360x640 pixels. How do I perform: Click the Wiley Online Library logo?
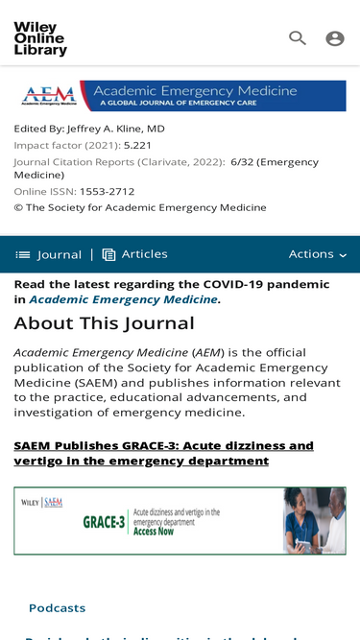(40, 38)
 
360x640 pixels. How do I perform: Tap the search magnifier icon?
(298, 38)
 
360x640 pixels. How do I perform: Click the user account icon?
(334, 38)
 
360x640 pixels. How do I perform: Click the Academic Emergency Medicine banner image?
(180, 96)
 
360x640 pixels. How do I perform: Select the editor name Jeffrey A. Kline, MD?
(115, 129)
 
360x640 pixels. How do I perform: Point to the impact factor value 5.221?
(137, 146)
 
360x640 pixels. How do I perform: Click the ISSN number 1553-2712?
(107, 192)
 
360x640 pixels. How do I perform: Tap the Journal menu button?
(49, 254)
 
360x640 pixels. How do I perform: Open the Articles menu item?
(135, 254)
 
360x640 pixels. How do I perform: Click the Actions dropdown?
(318, 254)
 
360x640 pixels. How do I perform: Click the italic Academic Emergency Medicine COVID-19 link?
(123, 300)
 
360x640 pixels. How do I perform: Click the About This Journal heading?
(104, 324)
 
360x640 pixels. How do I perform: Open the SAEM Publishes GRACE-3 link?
(163, 453)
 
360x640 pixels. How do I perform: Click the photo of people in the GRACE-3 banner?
(313, 521)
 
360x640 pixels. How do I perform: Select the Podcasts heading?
(57, 608)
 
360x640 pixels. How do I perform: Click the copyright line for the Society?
(140, 207)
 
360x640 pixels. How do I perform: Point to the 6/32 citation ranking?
(241, 162)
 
